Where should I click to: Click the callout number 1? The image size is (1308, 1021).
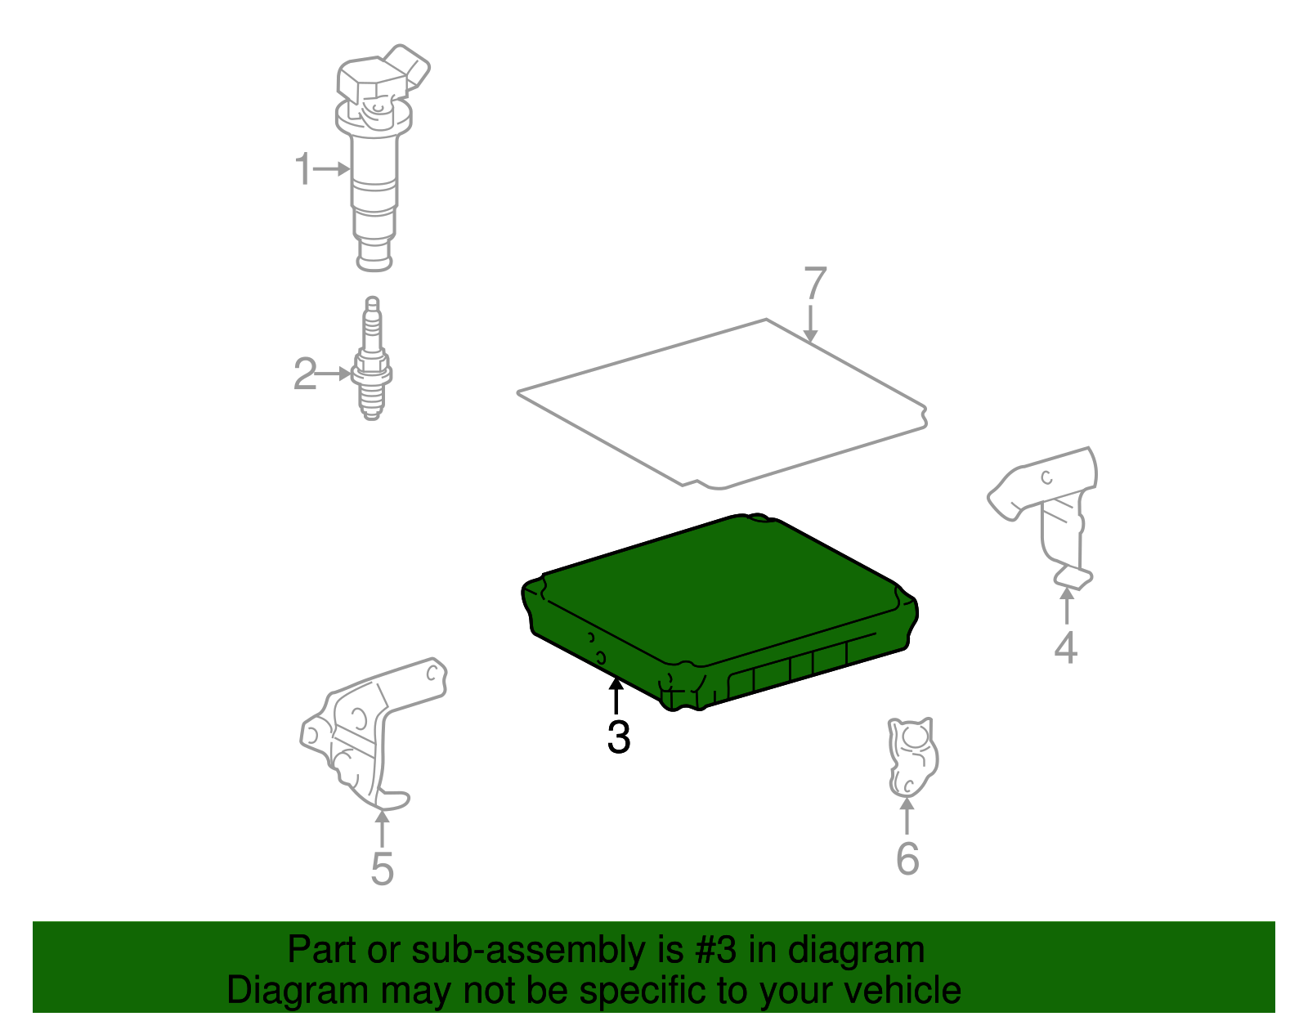tap(303, 169)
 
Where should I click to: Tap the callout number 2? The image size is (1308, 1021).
tap(304, 374)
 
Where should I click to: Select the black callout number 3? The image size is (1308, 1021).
tap(619, 737)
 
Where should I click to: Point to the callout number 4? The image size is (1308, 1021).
tap(1065, 647)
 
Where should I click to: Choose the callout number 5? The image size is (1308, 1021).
tap(382, 868)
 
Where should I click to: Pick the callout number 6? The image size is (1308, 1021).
tap(907, 859)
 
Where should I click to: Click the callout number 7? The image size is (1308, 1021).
tap(815, 284)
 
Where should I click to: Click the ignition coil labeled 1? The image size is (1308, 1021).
tap(375, 180)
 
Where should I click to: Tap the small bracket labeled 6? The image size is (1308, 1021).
tap(912, 756)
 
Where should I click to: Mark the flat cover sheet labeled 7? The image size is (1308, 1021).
tap(719, 401)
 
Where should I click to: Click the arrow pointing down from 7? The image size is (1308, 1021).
tap(810, 325)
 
